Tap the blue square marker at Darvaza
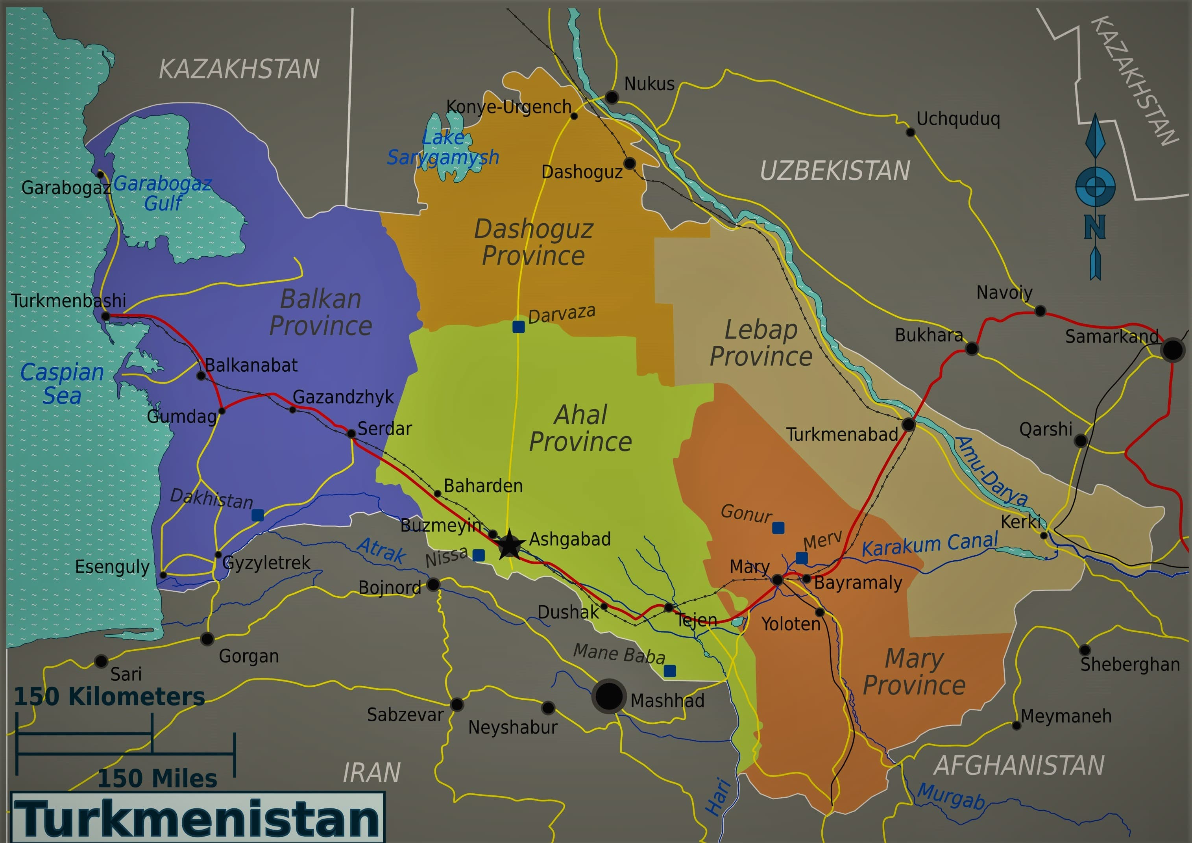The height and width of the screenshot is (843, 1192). [518, 327]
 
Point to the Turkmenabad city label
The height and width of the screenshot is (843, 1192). [842, 434]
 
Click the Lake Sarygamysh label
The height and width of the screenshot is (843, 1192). [443, 148]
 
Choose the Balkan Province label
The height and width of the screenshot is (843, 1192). [321, 312]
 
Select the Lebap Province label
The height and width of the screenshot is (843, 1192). [761, 343]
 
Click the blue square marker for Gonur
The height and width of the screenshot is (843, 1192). [778, 528]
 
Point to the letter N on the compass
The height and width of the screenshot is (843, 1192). [1094, 227]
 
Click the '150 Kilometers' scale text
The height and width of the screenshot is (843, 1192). [109, 697]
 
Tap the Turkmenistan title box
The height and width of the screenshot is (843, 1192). [197, 817]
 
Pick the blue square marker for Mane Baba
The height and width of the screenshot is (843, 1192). [670, 671]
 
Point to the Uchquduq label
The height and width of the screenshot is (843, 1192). [958, 119]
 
